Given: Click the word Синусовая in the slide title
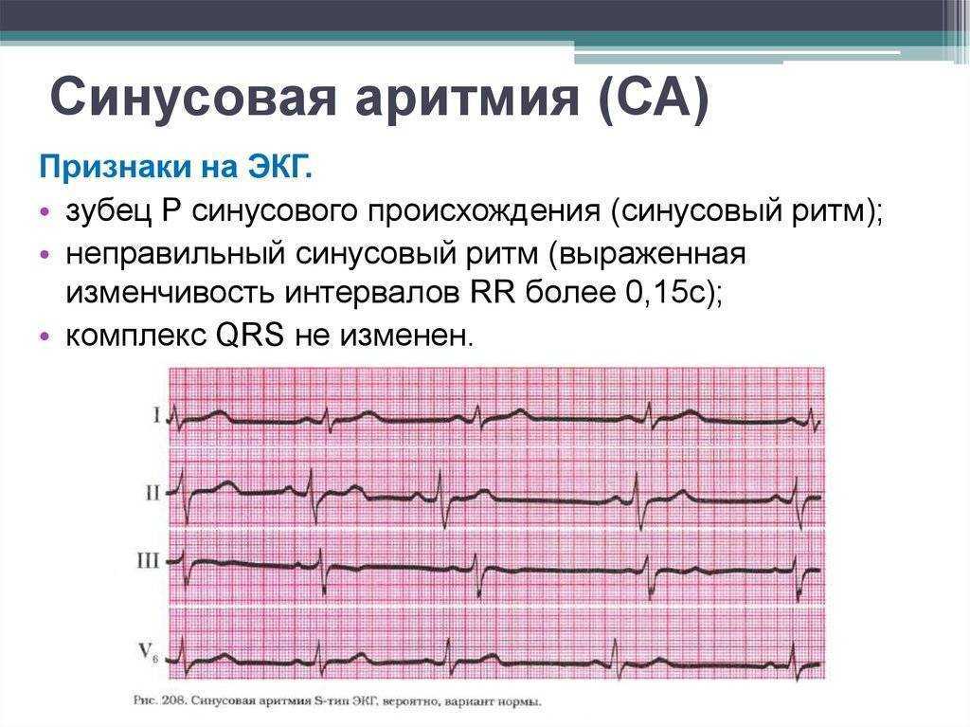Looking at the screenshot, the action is [x=192, y=96].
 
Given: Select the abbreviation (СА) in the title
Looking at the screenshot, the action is [x=654, y=98].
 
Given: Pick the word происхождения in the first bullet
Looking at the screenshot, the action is [x=484, y=212].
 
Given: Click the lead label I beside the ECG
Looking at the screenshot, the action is [x=156, y=415].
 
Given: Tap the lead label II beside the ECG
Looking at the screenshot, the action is [x=153, y=494].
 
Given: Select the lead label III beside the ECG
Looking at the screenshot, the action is [x=148, y=561].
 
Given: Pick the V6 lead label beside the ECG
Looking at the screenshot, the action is [x=149, y=653].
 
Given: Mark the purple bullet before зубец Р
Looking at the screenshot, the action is [x=44, y=211].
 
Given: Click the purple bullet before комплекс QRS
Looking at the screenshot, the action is [x=44, y=336].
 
